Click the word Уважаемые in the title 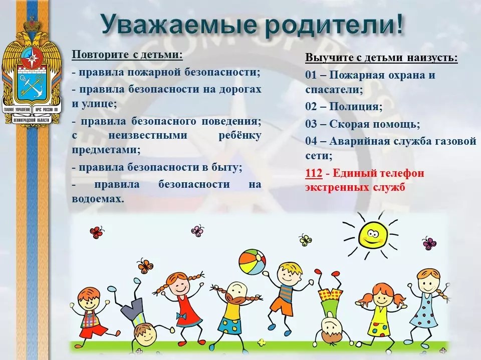pyautogui.click(x=179, y=24)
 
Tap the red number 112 pyautogui.click(x=314, y=173)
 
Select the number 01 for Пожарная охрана pyautogui.click(x=311, y=75)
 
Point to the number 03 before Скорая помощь pyautogui.click(x=311, y=124)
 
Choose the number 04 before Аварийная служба pyautogui.click(x=311, y=141)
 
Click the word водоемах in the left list pyautogui.click(x=98, y=199)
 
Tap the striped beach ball pyautogui.click(x=252, y=262)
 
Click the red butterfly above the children pyautogui.click(x=97, y=233)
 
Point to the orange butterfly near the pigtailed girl pyautogui.click(x=145, y=266)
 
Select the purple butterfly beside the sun pyautogui.click(x=429, y=243)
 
